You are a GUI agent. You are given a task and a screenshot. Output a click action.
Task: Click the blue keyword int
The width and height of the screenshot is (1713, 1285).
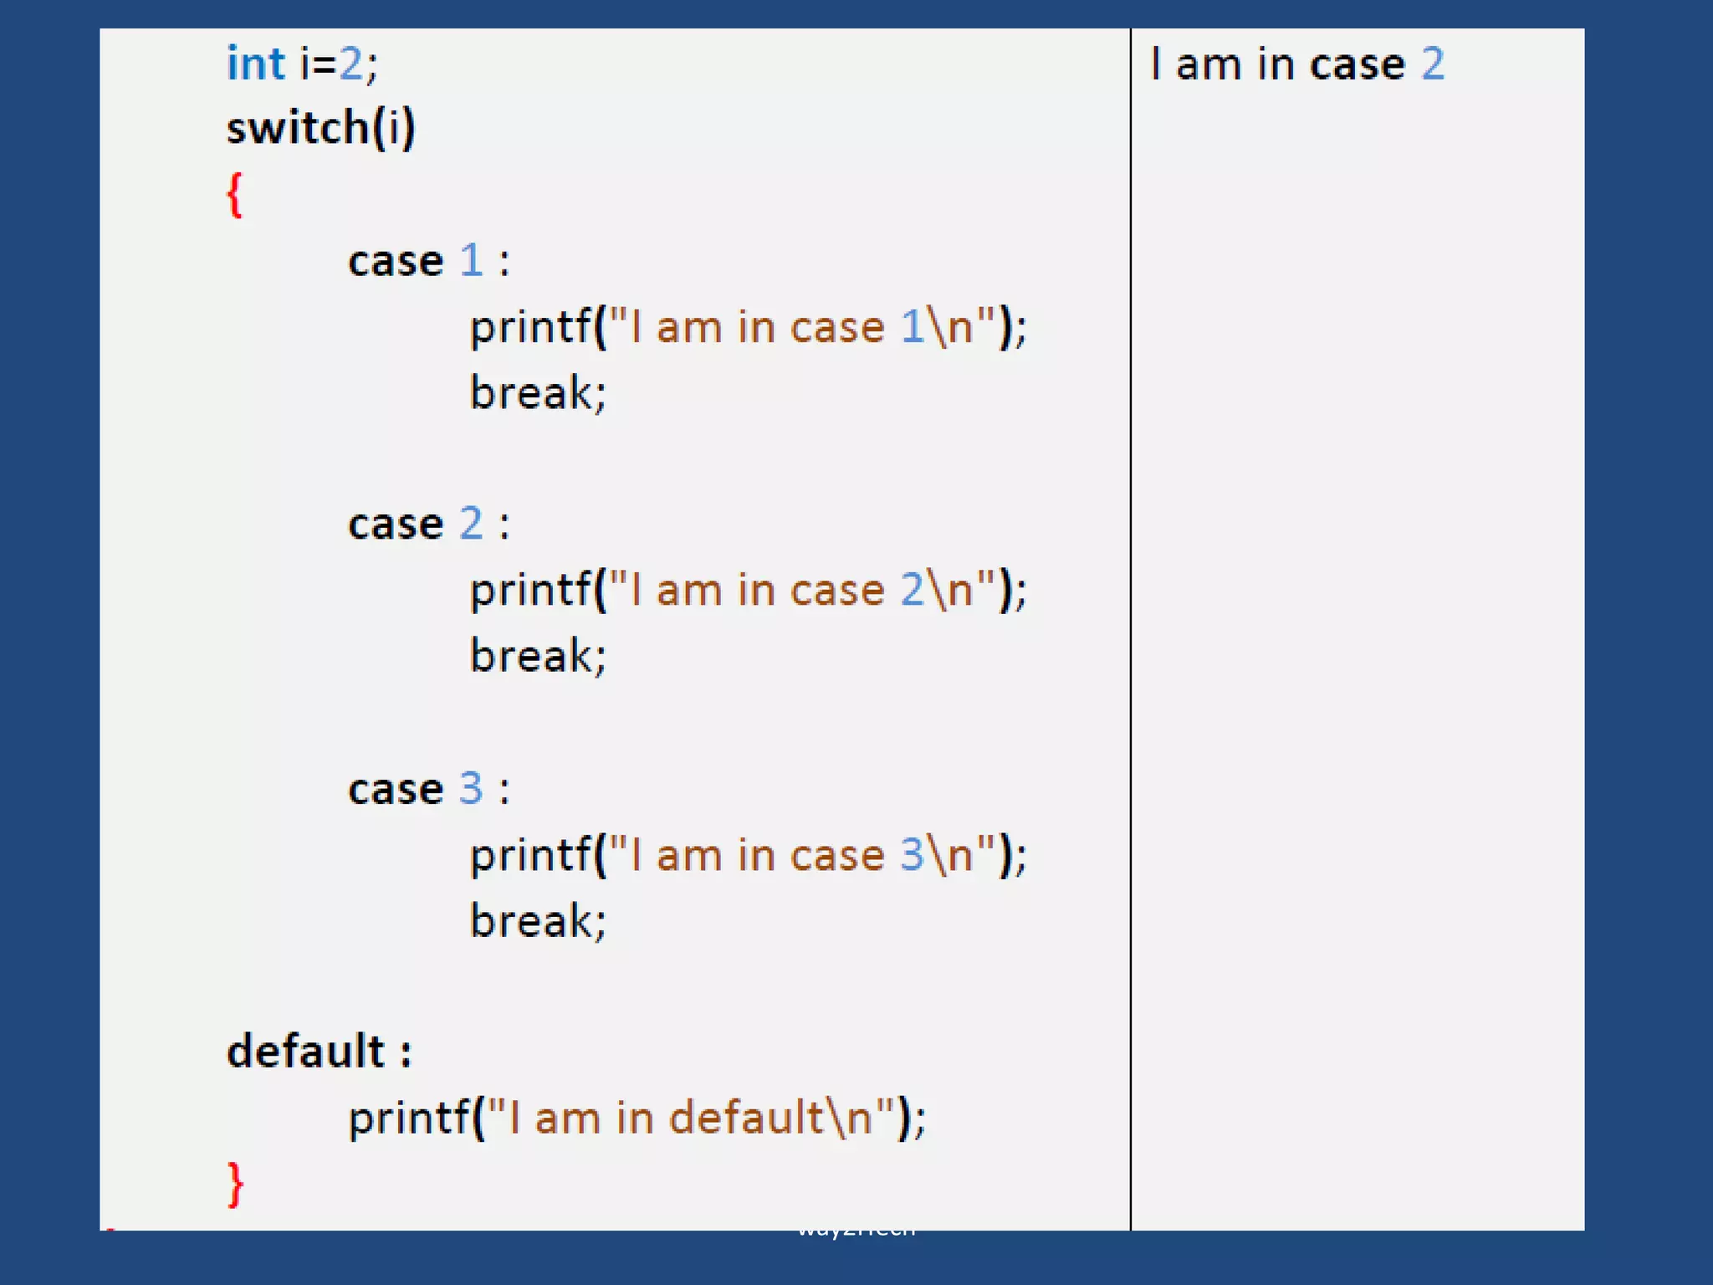(x=256, y=64)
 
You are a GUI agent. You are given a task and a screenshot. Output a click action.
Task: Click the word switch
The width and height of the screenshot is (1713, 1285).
(x=297, y=128)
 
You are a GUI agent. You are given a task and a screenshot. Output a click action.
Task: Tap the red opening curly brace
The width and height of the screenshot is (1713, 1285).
(x=235, y=195)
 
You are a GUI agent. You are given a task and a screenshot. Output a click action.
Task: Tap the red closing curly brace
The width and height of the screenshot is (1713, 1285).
(x=236, y=1184)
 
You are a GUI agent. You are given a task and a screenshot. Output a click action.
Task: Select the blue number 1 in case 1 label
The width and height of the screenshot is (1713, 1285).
(x=472, y=260)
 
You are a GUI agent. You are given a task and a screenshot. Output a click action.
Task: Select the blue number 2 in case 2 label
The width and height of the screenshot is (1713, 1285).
(x=472, y=524)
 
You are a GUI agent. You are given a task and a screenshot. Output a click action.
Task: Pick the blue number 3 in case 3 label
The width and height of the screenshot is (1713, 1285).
(x=472, y=788)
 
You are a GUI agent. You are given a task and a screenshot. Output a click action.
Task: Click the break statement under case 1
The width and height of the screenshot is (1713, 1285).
(x=538, y=392)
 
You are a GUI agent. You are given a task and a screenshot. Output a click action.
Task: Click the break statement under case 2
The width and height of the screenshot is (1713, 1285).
(x=538, y=655)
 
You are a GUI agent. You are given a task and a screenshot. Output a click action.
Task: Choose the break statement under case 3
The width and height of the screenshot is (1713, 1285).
(x=538, y=921)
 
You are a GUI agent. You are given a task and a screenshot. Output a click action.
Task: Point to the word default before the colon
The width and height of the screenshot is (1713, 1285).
(x=305, y=1051)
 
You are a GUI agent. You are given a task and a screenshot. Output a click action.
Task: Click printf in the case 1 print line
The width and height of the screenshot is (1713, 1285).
(x=530, y=327)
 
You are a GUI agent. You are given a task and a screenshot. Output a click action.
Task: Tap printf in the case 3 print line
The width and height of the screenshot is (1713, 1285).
(x=530, y=856)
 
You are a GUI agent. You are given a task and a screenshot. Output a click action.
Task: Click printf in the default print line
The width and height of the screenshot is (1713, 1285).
(x=409, y=1119)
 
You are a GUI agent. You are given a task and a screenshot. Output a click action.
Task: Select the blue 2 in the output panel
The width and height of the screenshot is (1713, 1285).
(x=1434, y=64)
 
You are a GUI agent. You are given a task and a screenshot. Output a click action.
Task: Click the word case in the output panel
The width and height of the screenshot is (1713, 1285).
(x=1358, y=65)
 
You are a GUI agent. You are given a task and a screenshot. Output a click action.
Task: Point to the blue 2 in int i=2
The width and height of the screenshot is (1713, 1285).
(x=350, y=64)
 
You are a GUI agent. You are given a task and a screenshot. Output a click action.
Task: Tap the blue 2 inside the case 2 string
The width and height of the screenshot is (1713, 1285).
(x=913, y=590)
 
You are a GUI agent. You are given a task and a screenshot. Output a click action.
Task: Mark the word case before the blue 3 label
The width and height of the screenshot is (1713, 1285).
(x=396, y=790)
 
